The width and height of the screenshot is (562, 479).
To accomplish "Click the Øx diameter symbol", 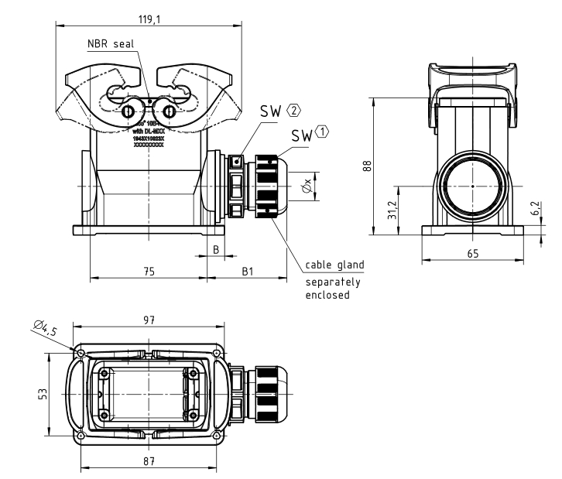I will [x=307, y=186].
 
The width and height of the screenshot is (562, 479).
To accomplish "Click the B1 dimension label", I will [x=247, y=272].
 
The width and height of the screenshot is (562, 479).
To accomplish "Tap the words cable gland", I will [x=334, y=265].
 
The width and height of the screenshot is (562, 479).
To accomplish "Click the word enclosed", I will [x=327, y=295].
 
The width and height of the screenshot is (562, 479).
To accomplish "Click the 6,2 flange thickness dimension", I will [x=534, y=209].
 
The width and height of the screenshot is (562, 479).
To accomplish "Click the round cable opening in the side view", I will [x=471, y=186].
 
